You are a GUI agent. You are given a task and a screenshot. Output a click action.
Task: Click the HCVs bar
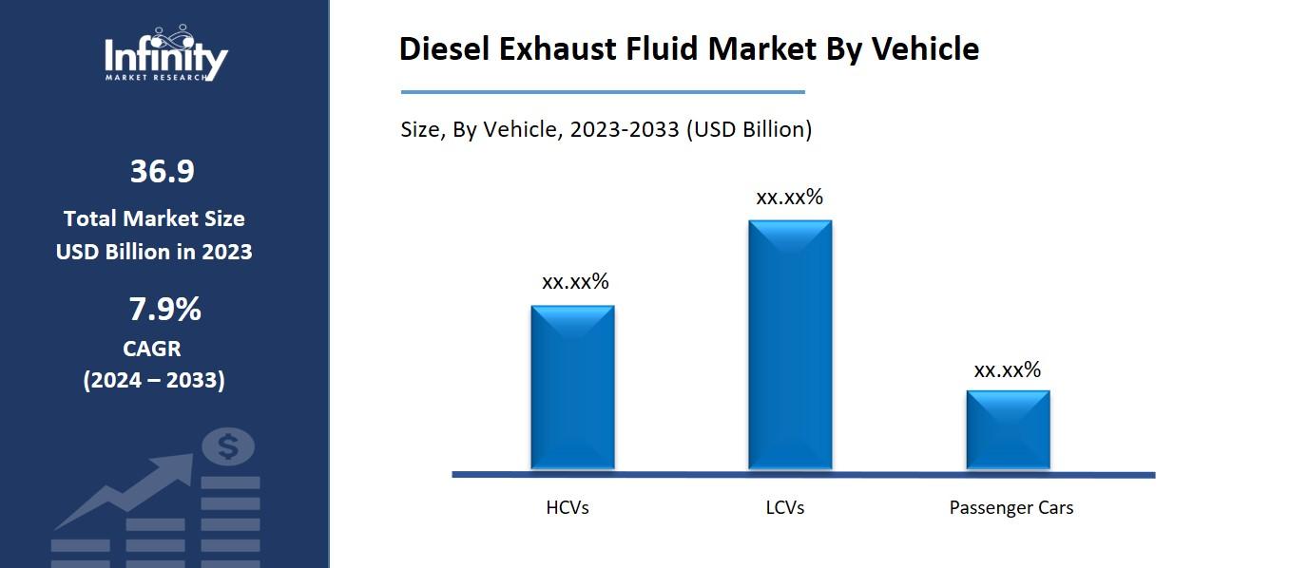tap(572, 388)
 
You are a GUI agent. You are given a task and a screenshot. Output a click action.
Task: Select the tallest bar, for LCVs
tap(789, 345)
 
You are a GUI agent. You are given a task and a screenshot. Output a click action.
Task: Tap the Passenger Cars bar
tap(1008, 429)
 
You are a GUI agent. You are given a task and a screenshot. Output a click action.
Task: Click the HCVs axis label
tap(568, 508)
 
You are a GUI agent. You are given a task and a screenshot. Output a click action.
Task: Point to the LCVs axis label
tap(785, 508)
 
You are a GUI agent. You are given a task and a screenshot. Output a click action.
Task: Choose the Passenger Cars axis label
tap(1011, 508)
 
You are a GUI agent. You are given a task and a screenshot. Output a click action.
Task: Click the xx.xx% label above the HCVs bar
tap(575, 282)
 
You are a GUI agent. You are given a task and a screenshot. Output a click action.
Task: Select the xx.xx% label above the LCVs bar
tap(789, 198)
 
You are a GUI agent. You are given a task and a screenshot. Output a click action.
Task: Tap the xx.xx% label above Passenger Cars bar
tap(1008, 370)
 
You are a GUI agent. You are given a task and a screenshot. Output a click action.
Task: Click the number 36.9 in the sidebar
tap(162, 172)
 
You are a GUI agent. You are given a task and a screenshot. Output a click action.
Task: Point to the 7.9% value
tap(164, 310)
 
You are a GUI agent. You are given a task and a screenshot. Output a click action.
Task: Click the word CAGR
tap(152, 349)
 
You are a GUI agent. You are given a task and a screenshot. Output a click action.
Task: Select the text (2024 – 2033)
tap(154, 381)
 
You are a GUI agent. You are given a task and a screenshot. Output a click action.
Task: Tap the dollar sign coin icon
tap(228, 446)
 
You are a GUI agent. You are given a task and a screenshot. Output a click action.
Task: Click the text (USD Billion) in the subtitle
tap(749, 130)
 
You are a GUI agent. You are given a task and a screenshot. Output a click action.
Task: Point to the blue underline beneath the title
tap(603, 92)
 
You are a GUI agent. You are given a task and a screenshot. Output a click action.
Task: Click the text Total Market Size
tap(154, 218)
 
